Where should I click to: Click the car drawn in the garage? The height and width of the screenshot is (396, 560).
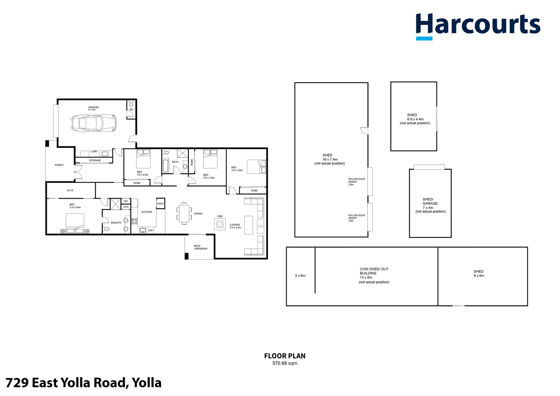[x=93, y=123]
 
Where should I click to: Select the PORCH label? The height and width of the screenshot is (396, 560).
[x=59, y=165]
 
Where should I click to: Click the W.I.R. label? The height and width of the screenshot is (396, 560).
[x=70, y=191]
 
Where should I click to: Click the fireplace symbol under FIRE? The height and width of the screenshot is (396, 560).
[x=220, y=224]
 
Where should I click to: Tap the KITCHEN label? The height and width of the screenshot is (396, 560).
[x=147, y=212]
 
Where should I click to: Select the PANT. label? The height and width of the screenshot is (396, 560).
[x=161, y=204]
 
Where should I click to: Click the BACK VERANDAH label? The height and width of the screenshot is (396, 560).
[x=200, y=247]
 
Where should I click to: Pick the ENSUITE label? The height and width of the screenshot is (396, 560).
[x=116, y=223]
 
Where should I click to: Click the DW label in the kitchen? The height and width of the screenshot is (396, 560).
[x=151, y=230]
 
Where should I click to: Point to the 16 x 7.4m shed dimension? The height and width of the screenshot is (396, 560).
[x=330, y=159]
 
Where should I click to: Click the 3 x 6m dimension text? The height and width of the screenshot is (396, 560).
[x=300, y=276]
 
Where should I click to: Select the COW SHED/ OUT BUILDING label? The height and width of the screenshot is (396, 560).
[x=374, y=271]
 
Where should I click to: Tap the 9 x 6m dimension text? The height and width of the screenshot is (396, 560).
[x=479, y=276]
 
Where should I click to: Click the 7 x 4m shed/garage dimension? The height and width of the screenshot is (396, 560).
[x=428, y=208]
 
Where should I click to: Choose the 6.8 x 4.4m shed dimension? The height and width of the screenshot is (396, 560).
[x=415, y=119]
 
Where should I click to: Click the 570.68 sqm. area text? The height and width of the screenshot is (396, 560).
[x=285, y=363]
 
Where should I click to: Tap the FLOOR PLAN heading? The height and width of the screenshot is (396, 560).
[x=285, y=356]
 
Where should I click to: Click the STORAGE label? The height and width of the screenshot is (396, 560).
[x=95, y=161]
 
